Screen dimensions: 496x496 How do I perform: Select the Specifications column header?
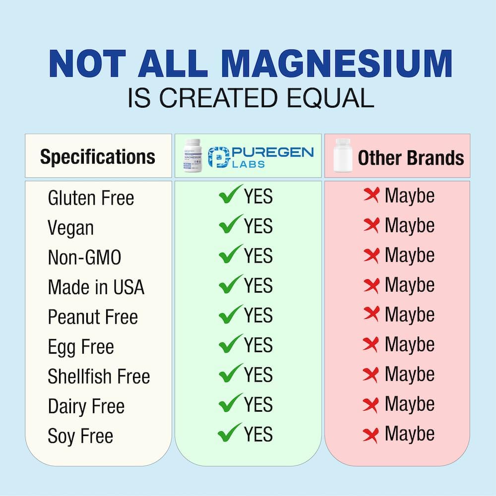tap(98, 157)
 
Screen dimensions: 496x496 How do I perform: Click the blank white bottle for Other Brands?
tap(343, 156)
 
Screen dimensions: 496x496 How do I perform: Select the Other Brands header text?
tap(411, 158)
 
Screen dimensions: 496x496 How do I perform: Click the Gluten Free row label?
tap(91, 198)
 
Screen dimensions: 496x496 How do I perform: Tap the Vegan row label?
tap(70, 228)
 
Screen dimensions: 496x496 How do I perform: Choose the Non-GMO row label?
tap(84, 258)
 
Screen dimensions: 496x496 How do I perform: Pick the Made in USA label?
tap(96, 288)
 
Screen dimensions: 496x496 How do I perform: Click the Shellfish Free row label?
tap(99, 376)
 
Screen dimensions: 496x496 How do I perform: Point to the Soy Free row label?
tap(80, 436)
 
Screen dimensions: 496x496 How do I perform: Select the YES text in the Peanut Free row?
tap(258, 315)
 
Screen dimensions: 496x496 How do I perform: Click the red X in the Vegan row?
tap(371, 226)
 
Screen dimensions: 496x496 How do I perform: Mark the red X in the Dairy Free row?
tap(371, 404)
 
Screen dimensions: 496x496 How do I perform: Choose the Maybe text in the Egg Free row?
tap(409, 345)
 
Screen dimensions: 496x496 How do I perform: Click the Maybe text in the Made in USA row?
tap(409, 285)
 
